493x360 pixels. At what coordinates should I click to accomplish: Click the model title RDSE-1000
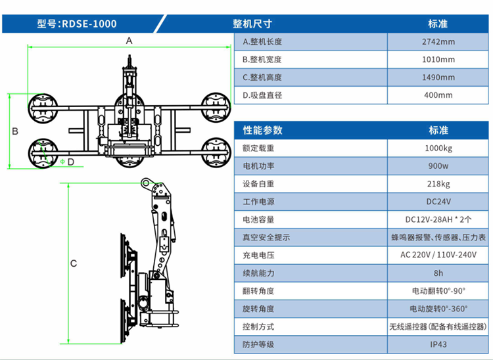pos(77,24)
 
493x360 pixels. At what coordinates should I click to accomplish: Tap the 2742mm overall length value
pos(438,42)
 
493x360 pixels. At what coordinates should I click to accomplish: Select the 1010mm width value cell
pos(438,60)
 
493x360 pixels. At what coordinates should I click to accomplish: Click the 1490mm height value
pos(438,78)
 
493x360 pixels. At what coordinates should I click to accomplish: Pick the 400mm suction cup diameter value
pos(438,95)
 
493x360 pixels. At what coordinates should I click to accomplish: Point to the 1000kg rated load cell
pos(438,148)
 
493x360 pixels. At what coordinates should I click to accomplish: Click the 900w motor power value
pos(438,166)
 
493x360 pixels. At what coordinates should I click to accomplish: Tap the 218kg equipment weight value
pos(438,183)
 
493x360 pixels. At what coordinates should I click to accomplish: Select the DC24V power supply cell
pos(438,202)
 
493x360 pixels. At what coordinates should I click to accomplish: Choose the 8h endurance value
pos(438,273)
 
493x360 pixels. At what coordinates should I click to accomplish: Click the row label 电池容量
pos(258,219)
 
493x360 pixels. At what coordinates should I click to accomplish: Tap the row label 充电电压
pos(258,255)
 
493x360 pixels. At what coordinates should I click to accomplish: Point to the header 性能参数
pos(262,130)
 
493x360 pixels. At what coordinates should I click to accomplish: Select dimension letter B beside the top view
pos(14,131)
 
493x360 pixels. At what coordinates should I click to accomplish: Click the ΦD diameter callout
pos(66,161)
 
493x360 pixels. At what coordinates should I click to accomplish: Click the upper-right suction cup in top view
pos(214,108)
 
